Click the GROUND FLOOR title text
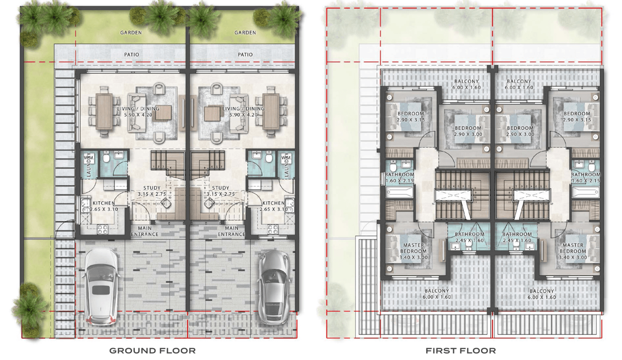click(152, 351)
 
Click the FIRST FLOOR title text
click(461, 351)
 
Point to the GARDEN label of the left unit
click(131, 33)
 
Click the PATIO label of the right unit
click(245, 55)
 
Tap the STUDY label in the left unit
click(152, 188)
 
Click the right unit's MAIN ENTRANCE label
click(231, 232)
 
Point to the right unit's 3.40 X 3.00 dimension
click(573, 257)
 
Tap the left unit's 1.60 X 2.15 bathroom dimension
click(400, 181)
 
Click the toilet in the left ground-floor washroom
click(105, 158)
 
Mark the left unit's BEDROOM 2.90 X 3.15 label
click(410, 117)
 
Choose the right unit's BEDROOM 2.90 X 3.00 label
click(520, 131)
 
